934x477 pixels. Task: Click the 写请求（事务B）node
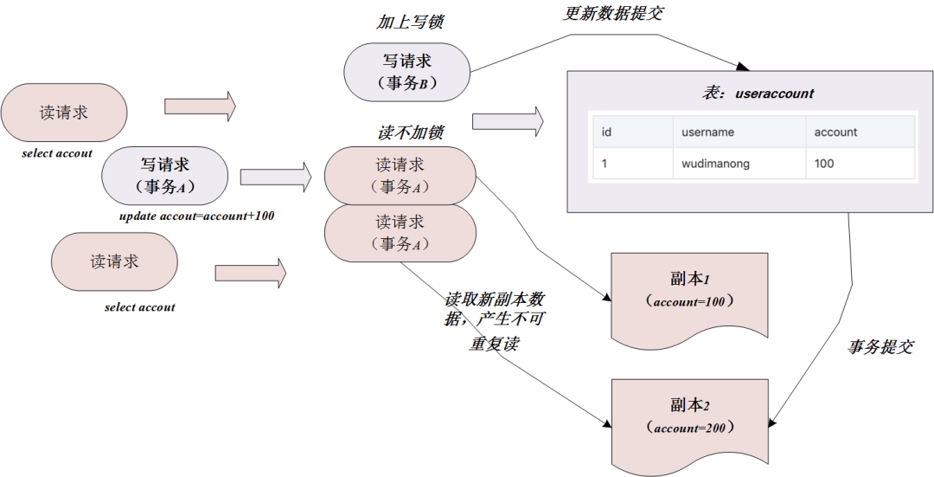tap(406, 72)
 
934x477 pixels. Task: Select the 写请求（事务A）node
tap(164, 176)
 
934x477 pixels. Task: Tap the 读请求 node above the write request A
tap(64, 113)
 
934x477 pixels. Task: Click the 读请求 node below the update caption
tap(114, 261)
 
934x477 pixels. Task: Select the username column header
tap(707, 132)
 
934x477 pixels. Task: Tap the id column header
tap(607, 132)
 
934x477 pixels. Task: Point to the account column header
tap(835, 132)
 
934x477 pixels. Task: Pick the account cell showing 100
tap(824, 163)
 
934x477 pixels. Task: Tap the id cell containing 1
tap(605, 163)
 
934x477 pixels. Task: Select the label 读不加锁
tap(411, 132)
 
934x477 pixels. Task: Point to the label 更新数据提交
tap(613, 14)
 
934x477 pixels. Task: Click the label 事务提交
tap(880, 346)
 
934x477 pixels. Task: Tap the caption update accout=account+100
tap(196, 216)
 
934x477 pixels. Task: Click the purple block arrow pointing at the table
tap(508, 122)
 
